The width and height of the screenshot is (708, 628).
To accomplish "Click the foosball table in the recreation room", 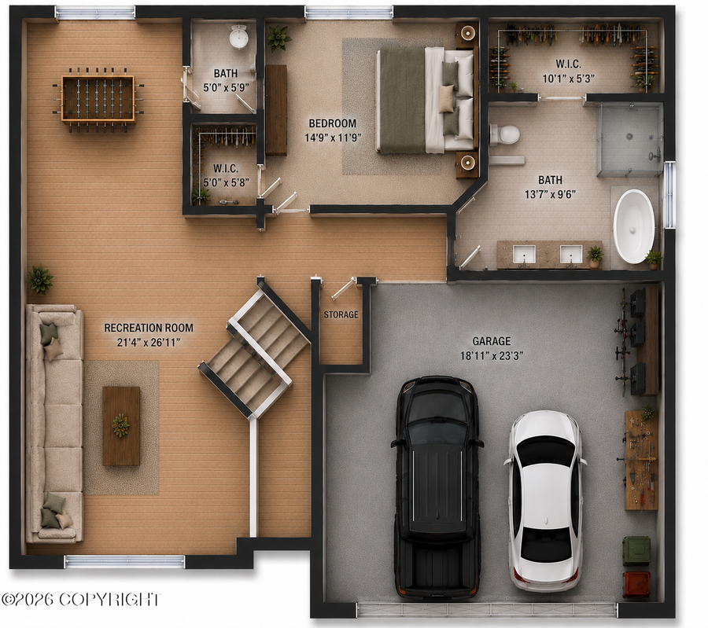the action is pyautogui.click(x=98, y=100).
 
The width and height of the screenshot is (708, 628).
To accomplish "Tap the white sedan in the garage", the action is pyautogui.click(x=545, y=500).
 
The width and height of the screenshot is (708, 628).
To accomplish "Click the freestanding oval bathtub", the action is pyautogui.click(x=633, y=226).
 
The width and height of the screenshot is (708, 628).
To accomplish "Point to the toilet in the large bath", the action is pyautogui.click(x=504, y=134).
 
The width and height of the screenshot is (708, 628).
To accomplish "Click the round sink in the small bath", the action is pyautogui.click(x=238, y=36).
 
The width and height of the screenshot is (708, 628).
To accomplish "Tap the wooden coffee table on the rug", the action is pyautogui.click(x=121, y=426).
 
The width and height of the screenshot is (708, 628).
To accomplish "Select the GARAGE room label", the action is pyautogui.click(x=491, y=341).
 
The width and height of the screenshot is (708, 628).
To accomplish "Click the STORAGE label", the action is pyautogui.click(x=341, y=314).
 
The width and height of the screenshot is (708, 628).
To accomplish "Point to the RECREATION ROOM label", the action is pyautogui.click(x=149, y=328).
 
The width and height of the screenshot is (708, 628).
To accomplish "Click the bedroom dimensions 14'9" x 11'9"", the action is pyautogui.click(x=333, y=138).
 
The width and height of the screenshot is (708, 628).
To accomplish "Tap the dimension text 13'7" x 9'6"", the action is pyautogui.click(x=550, y=194).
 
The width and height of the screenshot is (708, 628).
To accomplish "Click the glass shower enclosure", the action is pyautogui.click(x=630, y=139).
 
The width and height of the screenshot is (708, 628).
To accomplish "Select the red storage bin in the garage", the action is pyautogui.click(x=636, y=584).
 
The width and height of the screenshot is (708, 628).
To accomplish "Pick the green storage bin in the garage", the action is pyautogui.click(x=636, y=550).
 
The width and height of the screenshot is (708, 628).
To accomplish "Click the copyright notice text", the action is pyautogui.click(x=80, y=600).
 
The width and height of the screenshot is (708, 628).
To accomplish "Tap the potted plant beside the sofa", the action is pyautogui.click(x=40, y=279).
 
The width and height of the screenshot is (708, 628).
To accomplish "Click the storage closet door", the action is pyautogui.click(x=343, y=288).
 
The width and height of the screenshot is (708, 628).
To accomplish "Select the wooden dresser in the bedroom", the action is pyautogui.click(x=276, y=109).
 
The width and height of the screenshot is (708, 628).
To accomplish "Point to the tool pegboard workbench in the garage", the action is pyautogui.click(x=641, y=459).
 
